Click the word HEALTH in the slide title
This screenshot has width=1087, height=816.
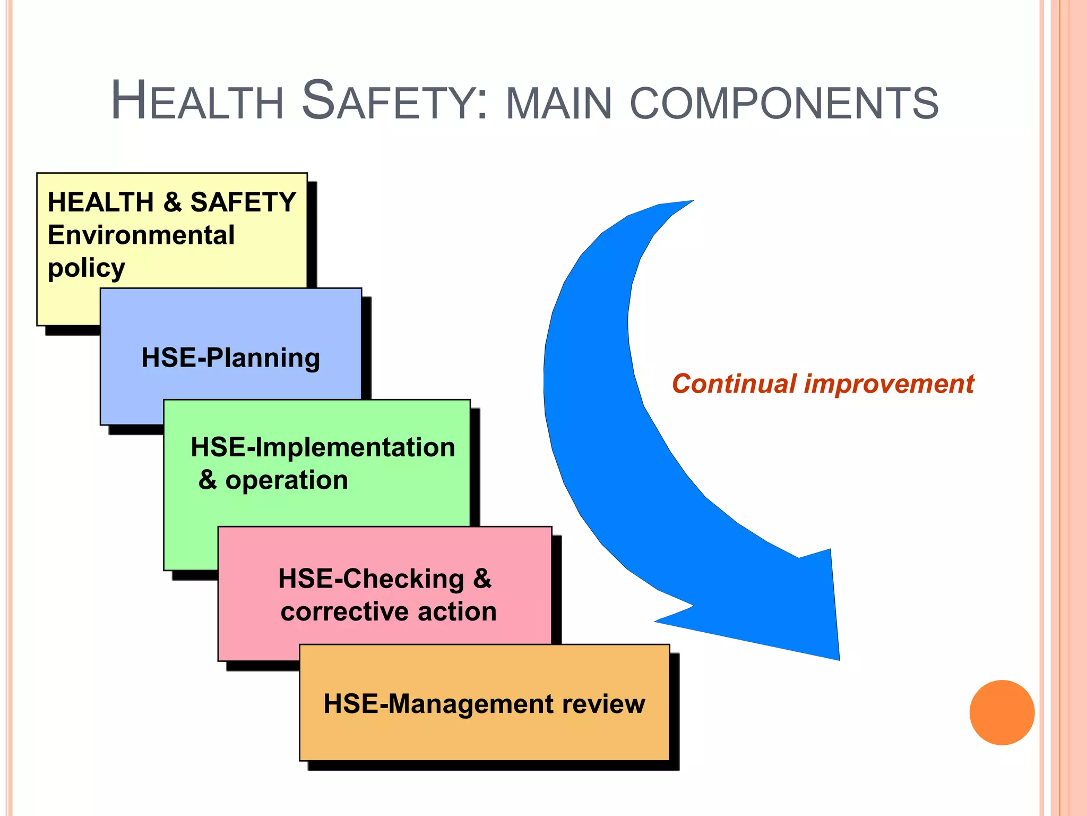[x=197, y=100]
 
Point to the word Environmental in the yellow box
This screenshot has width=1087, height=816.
[x=141, y=235]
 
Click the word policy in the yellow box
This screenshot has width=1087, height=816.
[x=87, y=268]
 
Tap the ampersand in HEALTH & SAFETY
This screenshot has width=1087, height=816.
[x=172, y=202]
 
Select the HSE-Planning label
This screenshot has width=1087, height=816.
[x=230, y=358]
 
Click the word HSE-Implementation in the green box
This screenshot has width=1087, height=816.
[x=323, y=447]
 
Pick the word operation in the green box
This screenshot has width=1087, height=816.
[x=287, y=480]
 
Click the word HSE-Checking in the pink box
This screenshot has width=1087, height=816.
[x=371, y=579]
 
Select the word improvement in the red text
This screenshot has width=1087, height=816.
[x=889, y=384]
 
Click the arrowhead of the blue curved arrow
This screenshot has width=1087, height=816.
[x=786, y=611]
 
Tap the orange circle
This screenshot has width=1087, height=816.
[x=1002, y=712]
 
